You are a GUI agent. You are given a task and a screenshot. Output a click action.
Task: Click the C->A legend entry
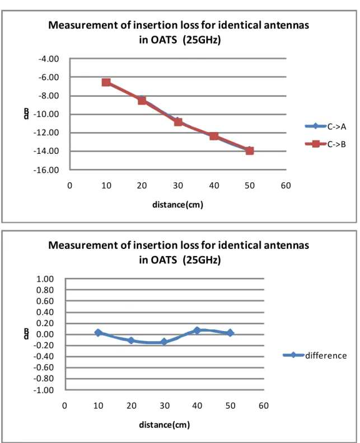tap(325, 126)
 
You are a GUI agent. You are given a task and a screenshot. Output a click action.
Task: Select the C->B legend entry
tap(325, 144)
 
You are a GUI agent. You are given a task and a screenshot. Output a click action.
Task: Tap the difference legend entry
tap(315, 355)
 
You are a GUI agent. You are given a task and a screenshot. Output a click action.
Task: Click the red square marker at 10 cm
tap(106, 82)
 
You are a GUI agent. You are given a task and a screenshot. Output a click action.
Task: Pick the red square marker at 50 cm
tap(250, 150)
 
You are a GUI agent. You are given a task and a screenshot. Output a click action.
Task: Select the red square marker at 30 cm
tap(178, 122)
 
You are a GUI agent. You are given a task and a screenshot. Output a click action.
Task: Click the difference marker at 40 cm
tap(197, 330)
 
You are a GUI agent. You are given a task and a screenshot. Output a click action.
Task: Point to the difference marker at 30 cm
tap(164, 342)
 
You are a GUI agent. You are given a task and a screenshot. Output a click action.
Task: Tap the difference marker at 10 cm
tap(98, 333)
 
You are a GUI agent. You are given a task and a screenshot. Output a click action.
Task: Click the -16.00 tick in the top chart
tap(46, 170)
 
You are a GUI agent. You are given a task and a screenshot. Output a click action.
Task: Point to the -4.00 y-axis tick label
tap(49, 59)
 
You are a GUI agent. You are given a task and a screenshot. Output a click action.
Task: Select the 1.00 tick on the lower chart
tap(45, 279)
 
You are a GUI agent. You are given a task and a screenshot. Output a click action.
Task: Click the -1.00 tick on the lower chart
tap(44, 390)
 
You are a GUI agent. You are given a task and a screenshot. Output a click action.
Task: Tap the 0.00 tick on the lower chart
tap(45, 334)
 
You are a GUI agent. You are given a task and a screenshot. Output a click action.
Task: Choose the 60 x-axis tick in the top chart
tap(286, 186)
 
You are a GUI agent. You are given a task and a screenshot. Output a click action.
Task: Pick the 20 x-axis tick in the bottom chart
tap(132, 406)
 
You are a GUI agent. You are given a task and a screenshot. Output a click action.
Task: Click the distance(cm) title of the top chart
tap(178, 204)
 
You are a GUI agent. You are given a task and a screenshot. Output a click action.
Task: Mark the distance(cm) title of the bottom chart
tap(164, 425)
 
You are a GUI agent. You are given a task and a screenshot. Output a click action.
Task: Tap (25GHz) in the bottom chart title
tap(202, 260)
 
